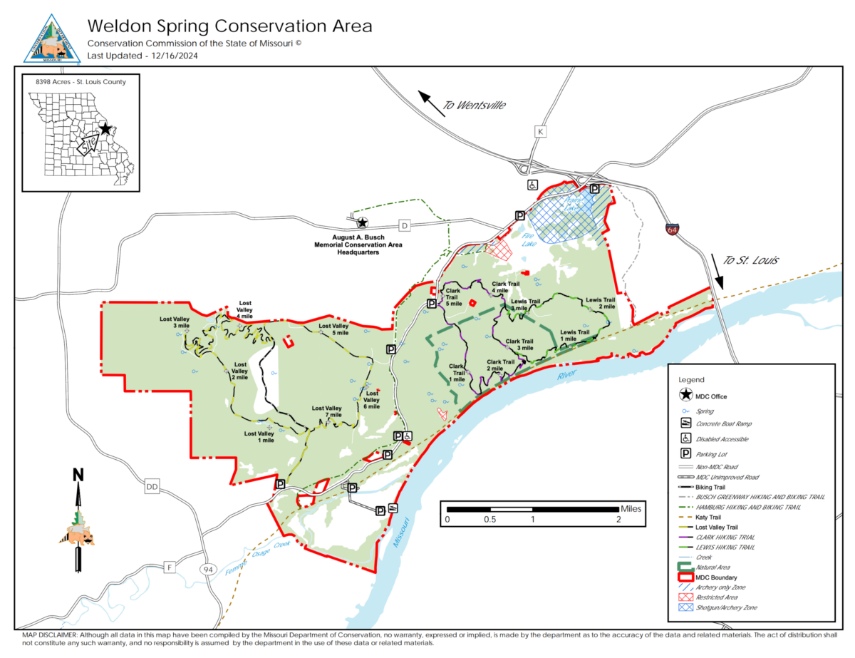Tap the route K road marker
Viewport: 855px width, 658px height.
pos(541,132)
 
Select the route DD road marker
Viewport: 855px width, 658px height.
pos(151,487)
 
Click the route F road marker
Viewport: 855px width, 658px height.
pos(169,567)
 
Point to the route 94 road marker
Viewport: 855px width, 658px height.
pos(207,570)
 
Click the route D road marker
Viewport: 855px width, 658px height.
pos(405,226)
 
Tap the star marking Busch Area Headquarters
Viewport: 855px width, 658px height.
pos(362,223)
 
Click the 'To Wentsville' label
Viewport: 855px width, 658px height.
pos(474,105)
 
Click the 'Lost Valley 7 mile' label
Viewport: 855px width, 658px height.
pos(327,412)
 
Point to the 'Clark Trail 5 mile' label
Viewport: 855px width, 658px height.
pos(454,297)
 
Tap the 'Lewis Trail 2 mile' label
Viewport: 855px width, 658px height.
pos(600,304)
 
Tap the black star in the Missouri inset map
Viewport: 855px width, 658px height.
pos(105,129)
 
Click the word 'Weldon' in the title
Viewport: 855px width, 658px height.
pos(118,26)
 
